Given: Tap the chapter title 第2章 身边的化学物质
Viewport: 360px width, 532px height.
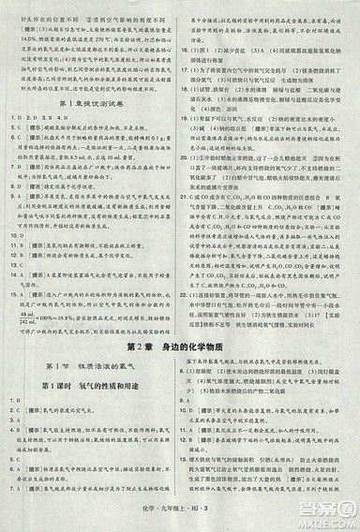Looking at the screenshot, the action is [x=180, y=349].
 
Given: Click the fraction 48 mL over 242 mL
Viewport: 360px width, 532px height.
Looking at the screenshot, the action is [x=27, y=317].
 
